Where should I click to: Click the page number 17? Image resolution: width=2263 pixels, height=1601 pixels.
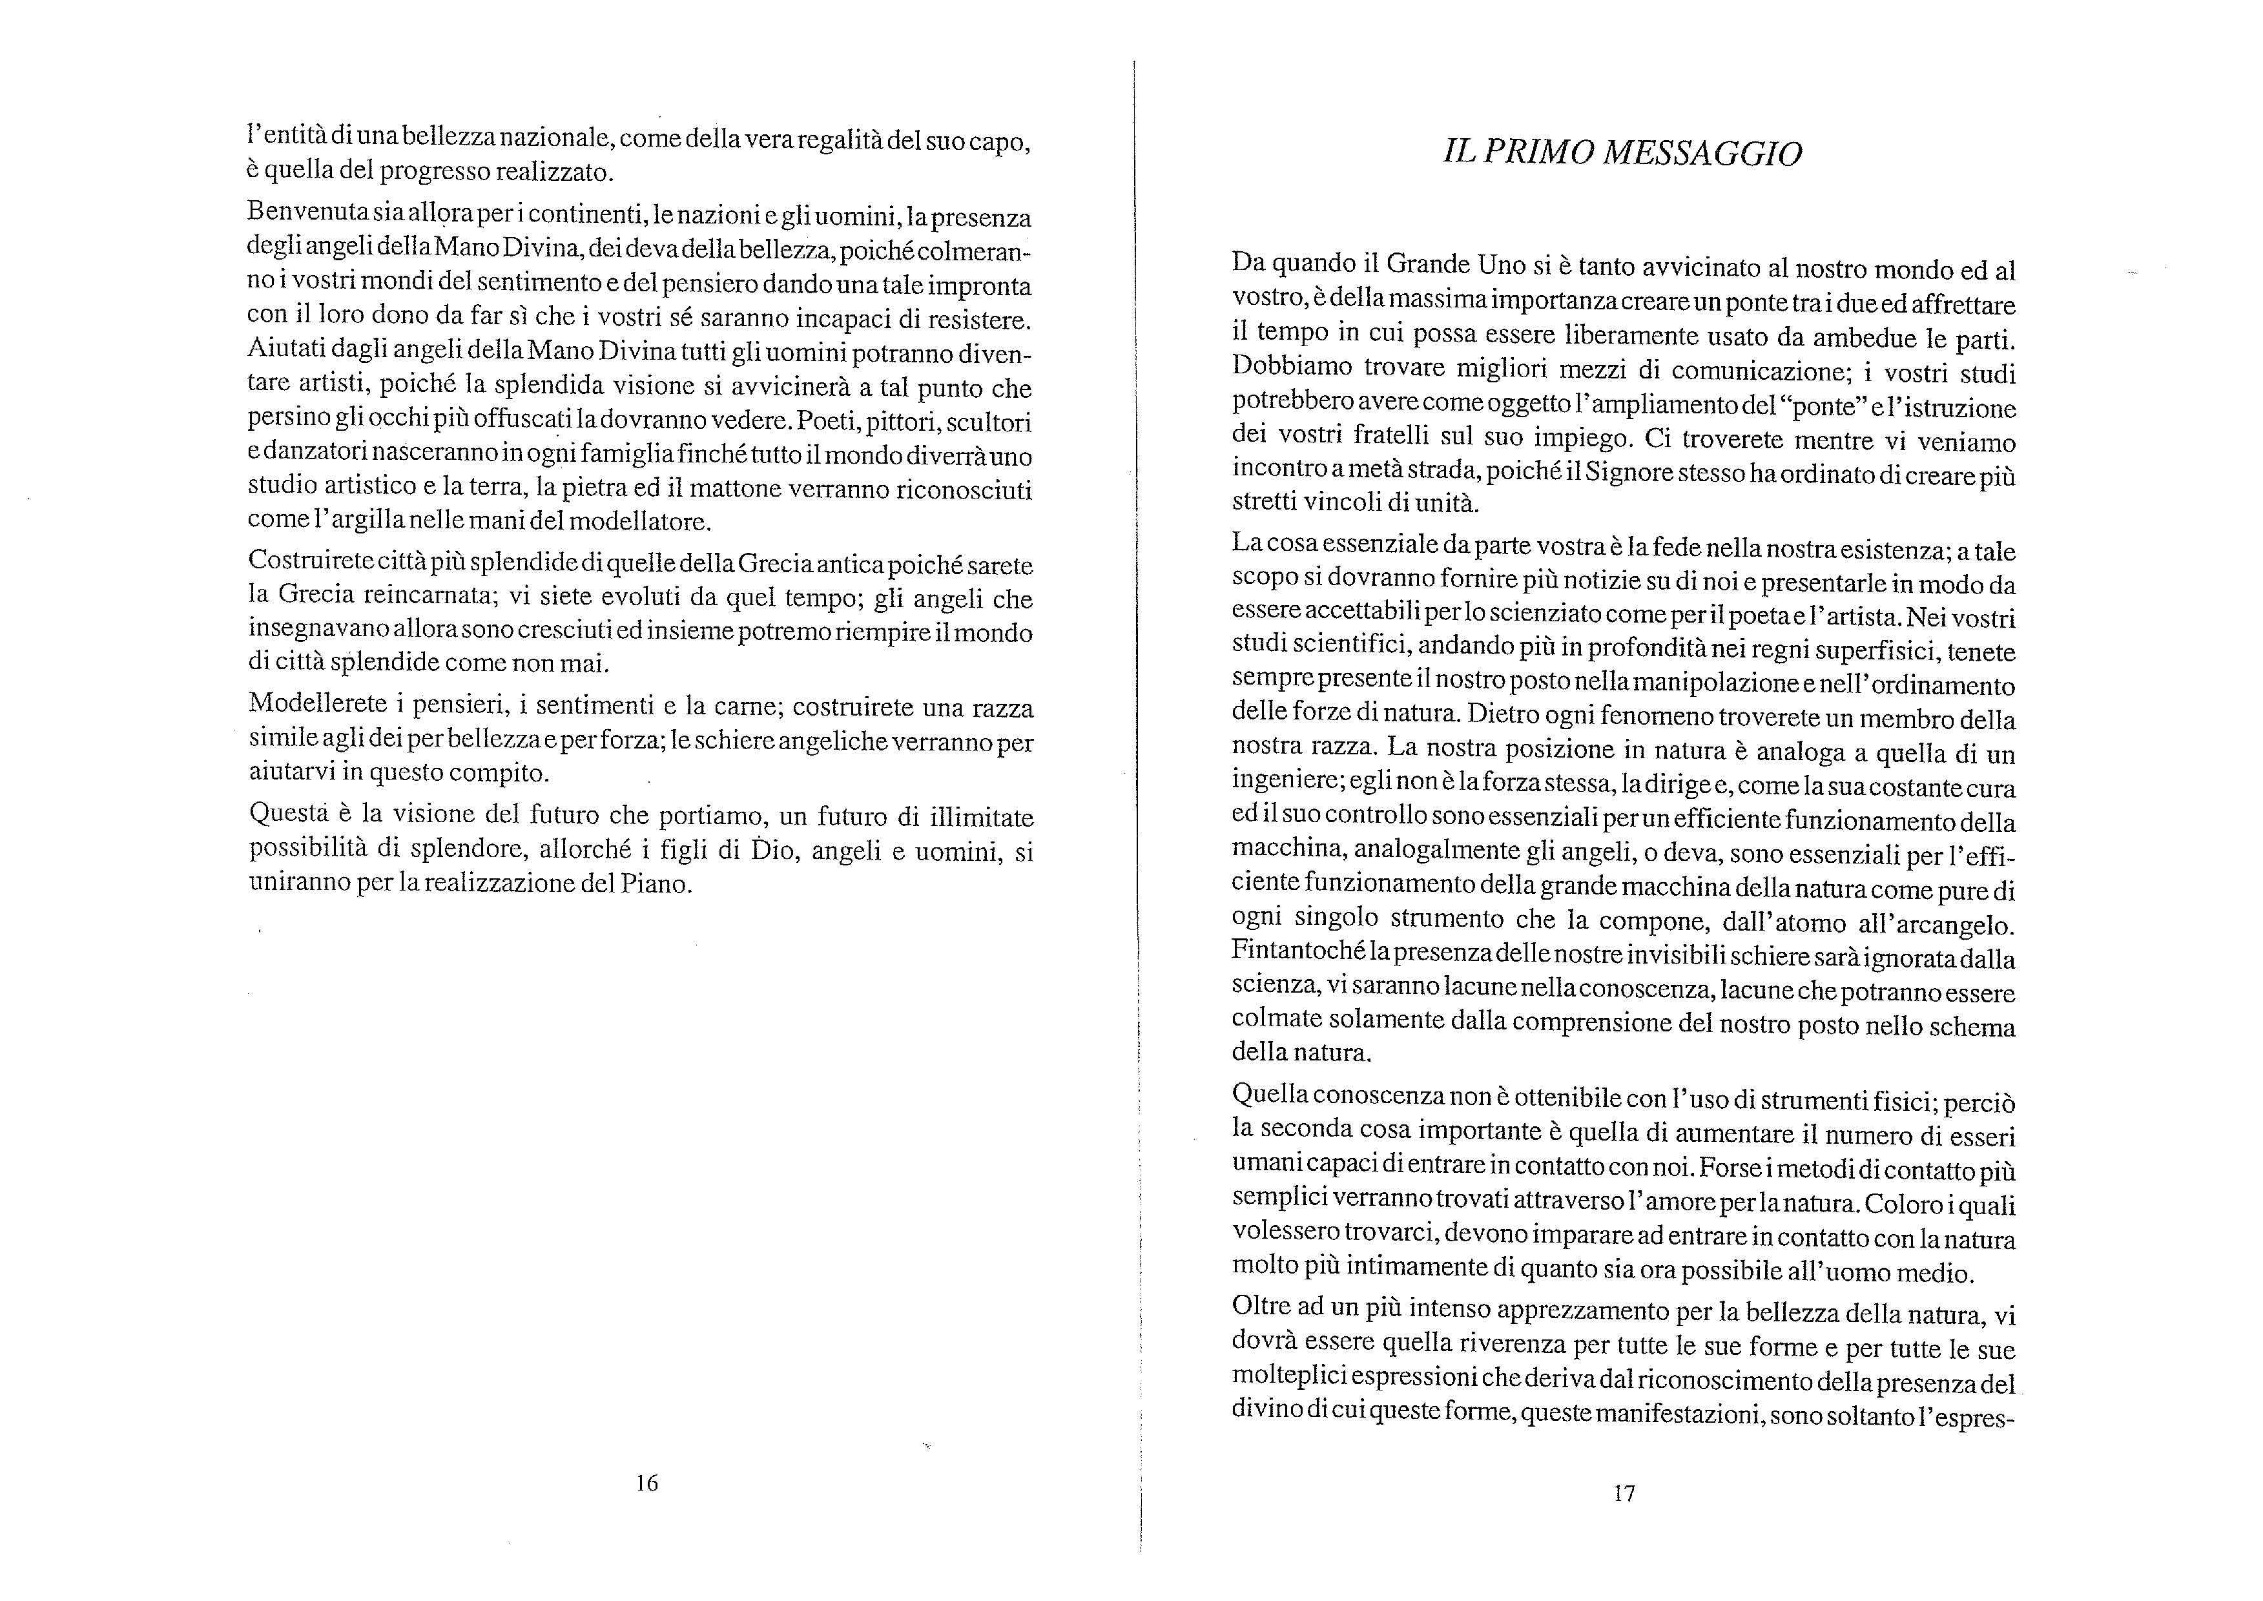tap(1624, 1494)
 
